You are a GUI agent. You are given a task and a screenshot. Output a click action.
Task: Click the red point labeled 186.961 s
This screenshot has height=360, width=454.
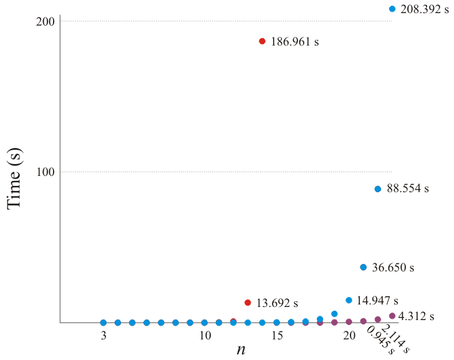[x=262, y=41]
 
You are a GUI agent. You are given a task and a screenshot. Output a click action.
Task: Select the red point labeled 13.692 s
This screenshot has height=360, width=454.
[x=248, y=303]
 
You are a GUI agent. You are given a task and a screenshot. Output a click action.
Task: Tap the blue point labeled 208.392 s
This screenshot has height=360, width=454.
[x=392, y=9]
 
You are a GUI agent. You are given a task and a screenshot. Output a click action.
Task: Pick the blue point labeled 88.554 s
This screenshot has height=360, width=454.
[x=377, y=189]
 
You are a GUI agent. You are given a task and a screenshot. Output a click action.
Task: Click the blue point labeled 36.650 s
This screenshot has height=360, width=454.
[x=363, y=267]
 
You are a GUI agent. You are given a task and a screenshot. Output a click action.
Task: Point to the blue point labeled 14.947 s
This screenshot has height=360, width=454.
[x=349, y=300]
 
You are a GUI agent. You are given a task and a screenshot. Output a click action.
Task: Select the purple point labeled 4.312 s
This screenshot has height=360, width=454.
[x=392, y=316]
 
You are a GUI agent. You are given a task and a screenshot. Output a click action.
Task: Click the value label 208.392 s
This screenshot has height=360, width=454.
[x=424, y=9]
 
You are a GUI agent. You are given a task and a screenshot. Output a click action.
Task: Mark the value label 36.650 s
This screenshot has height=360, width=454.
[x=393, y=268]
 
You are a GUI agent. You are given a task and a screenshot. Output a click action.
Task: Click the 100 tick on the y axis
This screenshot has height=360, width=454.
[x=47, y=172]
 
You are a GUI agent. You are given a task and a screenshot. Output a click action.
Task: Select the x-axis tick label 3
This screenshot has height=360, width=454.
[x=104, y=336]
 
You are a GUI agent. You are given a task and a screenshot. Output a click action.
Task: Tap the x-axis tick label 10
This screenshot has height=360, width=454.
[x=204, y=336]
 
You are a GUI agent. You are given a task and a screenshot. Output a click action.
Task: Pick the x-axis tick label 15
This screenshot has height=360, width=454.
[x=276, y=336]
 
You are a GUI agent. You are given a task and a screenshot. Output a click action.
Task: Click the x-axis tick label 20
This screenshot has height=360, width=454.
[x=349, y=336]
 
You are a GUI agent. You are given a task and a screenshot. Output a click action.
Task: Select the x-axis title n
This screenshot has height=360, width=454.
[x=240, y=350]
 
